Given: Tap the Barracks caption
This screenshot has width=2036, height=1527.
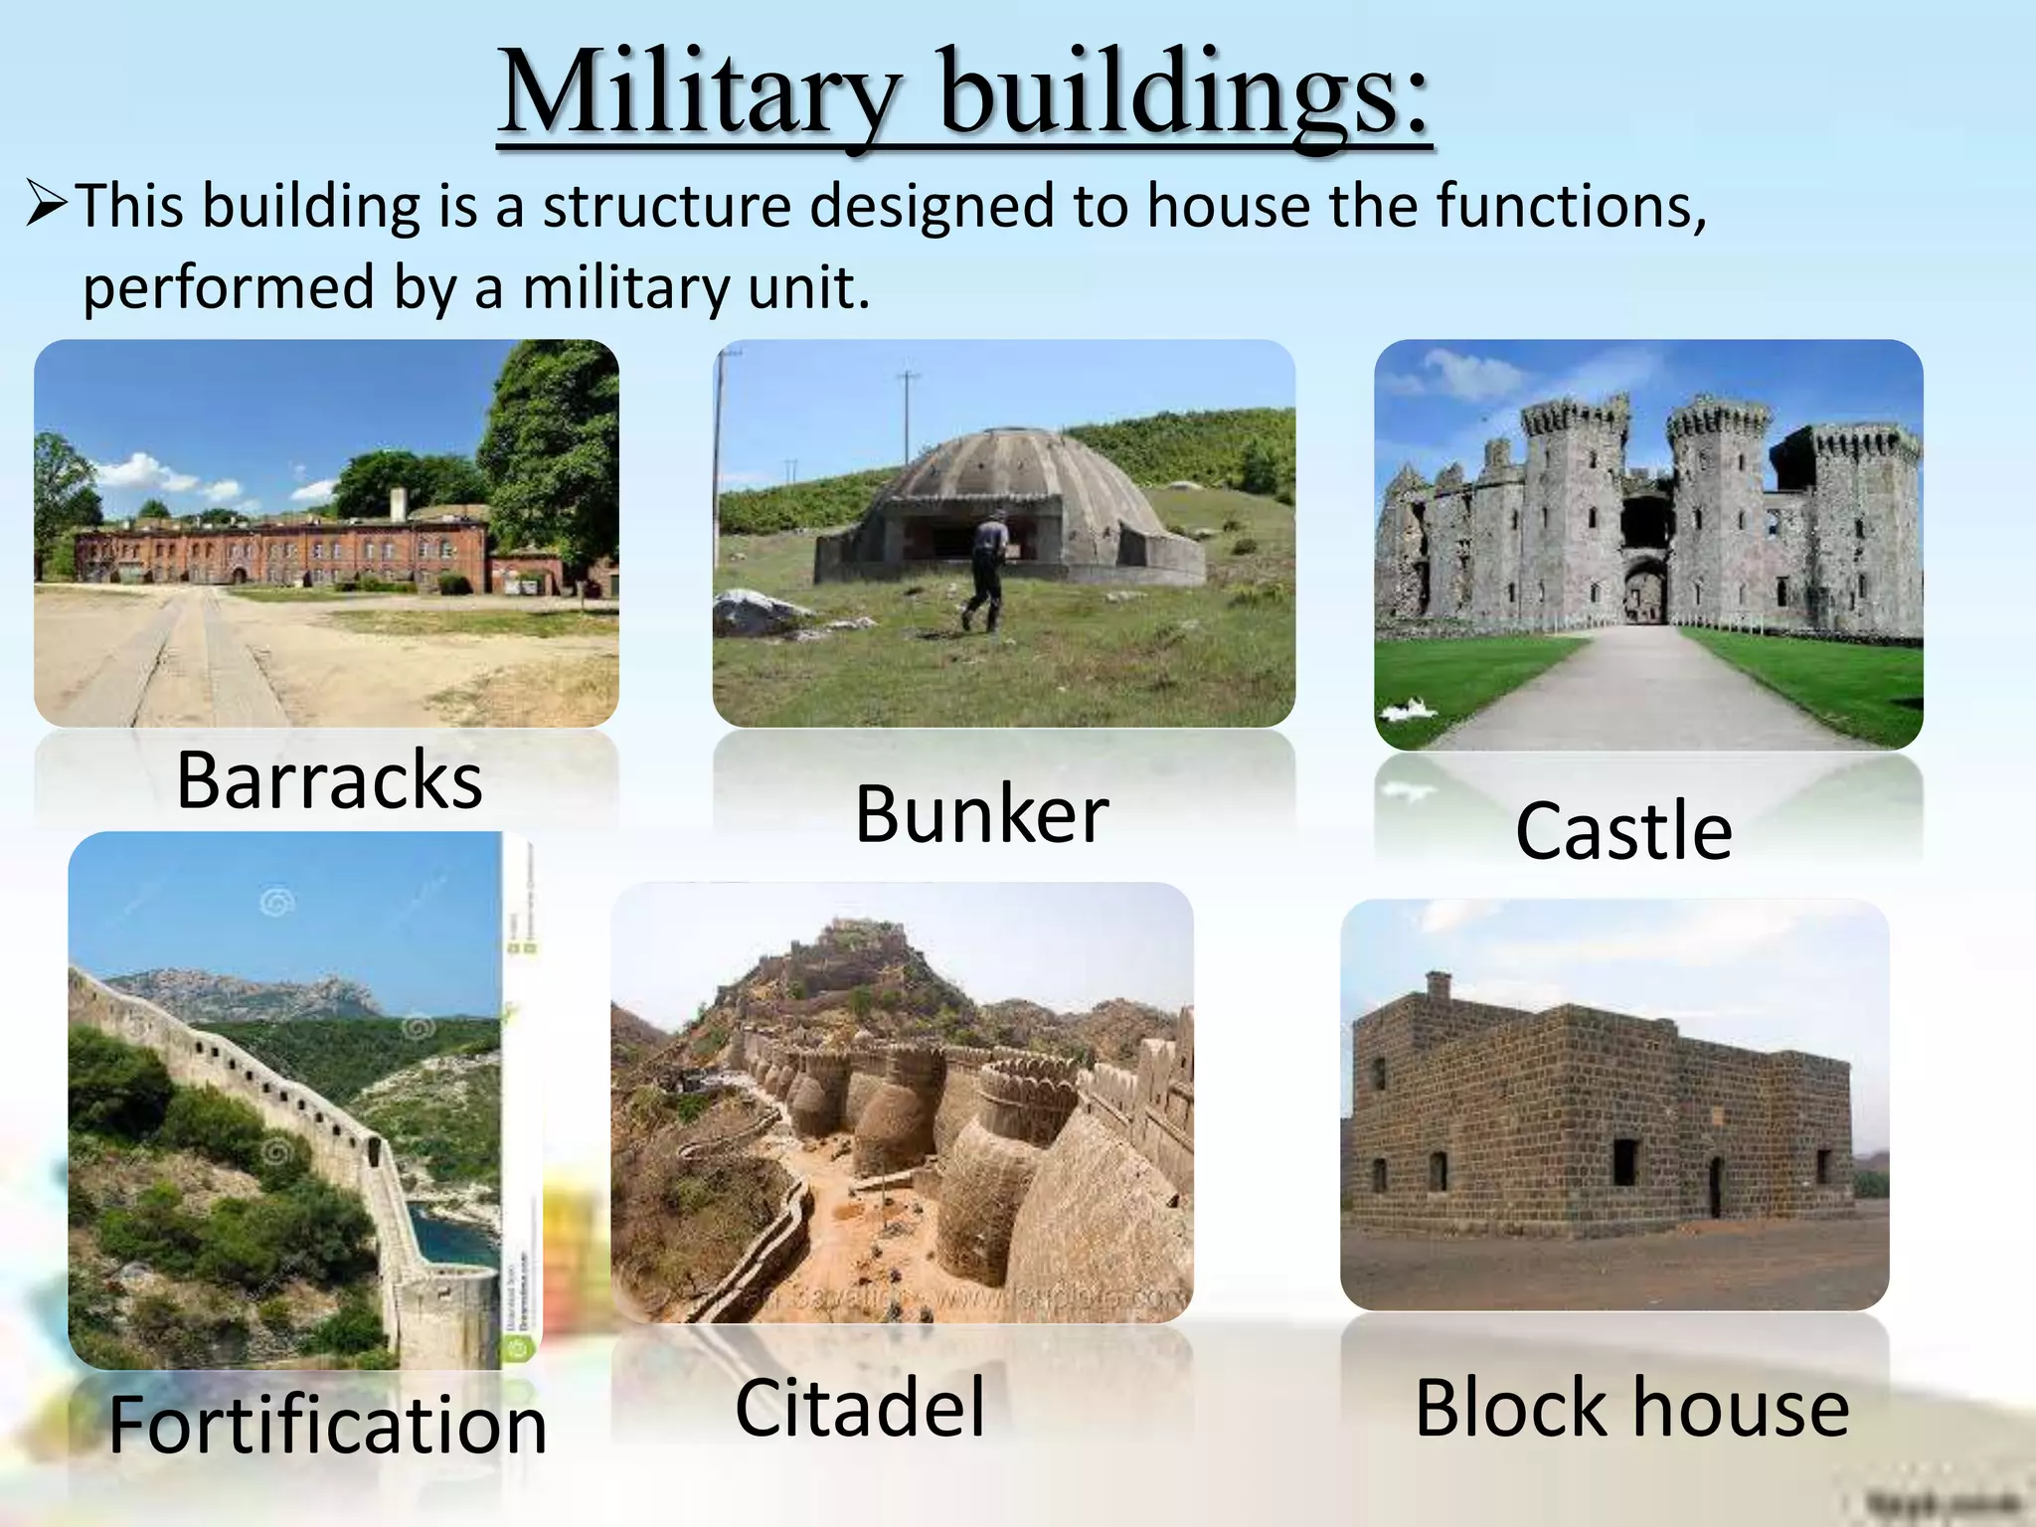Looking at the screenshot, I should click(x=329, y=780).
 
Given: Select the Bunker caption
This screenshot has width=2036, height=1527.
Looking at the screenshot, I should click(x=981, y=814).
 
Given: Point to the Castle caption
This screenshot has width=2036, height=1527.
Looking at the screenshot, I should click(x=1623, y=830).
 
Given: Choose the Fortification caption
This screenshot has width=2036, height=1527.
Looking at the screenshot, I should click(x=328, y=1425).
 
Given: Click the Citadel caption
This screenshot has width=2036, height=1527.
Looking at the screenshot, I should click(x=860, y=1407).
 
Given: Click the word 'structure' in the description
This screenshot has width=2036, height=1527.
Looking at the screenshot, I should click(x=666, y=206).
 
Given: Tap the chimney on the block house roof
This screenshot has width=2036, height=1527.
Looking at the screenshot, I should click(x=1438, y=985).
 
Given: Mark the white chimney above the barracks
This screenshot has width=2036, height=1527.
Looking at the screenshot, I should click(x=398, y=503).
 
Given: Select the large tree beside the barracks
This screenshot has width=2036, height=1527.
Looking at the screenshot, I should click(x=552, y=447).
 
